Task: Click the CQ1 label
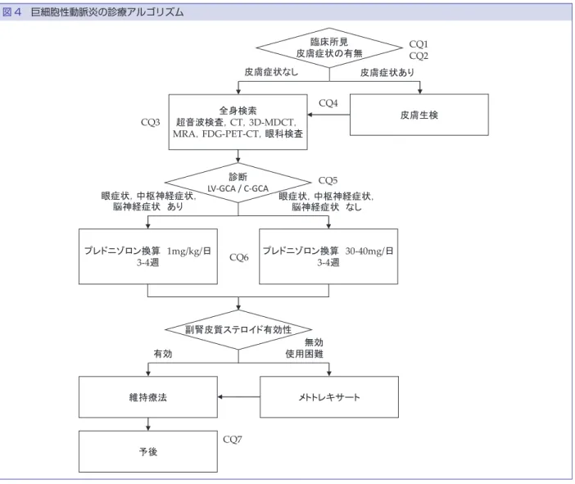click(419, 44)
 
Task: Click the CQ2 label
click(419, 56)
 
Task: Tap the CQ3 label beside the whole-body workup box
click(151, 122)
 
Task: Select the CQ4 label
click(328, 103)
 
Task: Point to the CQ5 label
click(328, 180)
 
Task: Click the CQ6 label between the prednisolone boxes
click(238, 257)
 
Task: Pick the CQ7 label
click(233, 439)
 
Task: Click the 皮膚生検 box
click(419, 115)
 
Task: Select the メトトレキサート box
click(329, 396)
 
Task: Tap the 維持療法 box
click(148, 396)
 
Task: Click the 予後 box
click(148, 451)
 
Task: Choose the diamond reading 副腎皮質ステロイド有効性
click(238, 329)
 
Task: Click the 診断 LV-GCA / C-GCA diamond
click(238, 183)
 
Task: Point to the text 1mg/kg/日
click(189, 251)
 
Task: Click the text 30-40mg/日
click(369, 251)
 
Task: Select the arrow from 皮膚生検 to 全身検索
click(328, 115)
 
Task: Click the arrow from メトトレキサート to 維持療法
click(238, 396)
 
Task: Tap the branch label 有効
click(163, 354)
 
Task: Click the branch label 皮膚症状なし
click(271, 72)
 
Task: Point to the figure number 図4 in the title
click(11, 12)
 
